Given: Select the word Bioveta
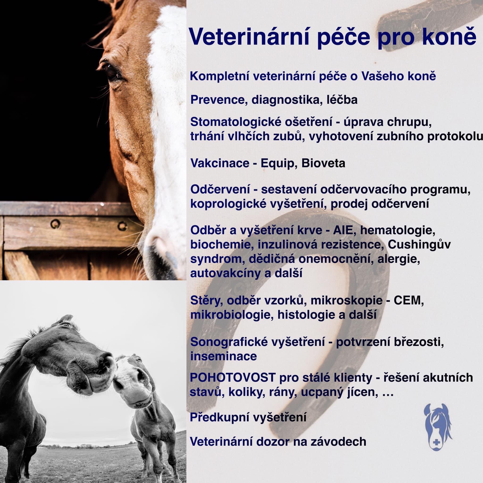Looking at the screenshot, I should pyautogui.click(x=323, y=163).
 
